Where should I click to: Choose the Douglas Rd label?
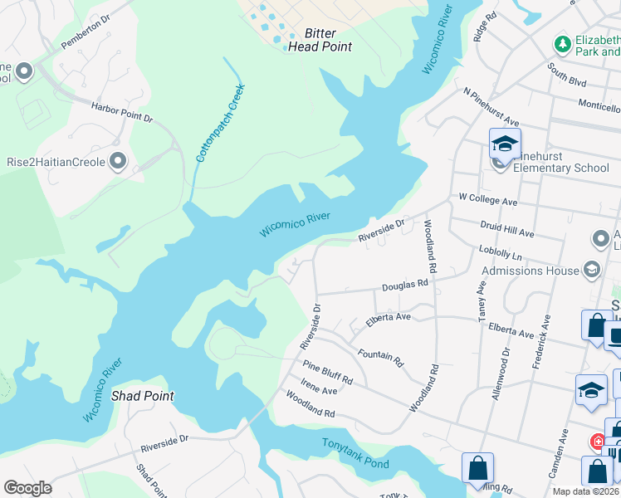tap(404, 286)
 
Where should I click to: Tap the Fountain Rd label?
tap(380, 358)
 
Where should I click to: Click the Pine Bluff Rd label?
tap(327, 373)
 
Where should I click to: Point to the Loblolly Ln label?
tap(501, 251)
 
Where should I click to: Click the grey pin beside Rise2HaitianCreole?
tap(118, 161)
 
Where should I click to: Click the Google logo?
tap(28, 488)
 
